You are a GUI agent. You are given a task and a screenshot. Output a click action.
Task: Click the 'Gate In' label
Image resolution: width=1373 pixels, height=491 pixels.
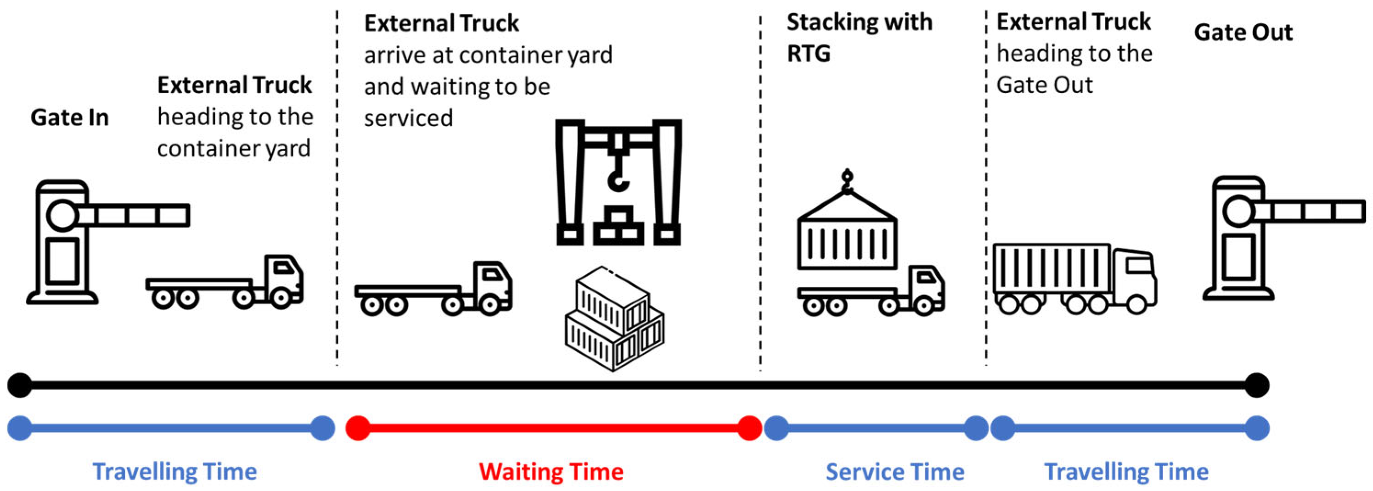coord(69,117)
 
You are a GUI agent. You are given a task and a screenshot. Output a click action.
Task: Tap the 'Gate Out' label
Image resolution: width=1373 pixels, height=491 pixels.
coord(1243,33)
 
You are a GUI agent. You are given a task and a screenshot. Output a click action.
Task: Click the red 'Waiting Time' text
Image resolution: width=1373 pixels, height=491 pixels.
coord(551,472)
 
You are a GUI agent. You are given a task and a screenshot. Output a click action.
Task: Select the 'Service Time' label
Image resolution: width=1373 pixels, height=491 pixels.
coord(895,472)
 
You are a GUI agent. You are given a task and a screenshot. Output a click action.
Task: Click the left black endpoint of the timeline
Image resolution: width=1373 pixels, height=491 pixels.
coord(20,385)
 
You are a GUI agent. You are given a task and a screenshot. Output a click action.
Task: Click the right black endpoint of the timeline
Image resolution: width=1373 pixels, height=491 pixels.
coord(1257,385)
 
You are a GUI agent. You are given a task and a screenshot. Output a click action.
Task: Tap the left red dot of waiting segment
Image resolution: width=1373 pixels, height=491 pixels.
coord(358,428)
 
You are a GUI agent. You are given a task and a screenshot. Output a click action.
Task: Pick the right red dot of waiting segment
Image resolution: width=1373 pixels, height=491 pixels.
coord(749,428)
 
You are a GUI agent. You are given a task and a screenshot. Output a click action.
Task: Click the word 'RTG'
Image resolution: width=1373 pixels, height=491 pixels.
coord(808,54)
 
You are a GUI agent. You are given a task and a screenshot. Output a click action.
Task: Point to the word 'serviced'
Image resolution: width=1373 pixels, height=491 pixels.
coord(408,118)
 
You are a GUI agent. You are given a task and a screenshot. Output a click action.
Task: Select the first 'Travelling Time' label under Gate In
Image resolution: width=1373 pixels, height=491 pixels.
coord(174,472)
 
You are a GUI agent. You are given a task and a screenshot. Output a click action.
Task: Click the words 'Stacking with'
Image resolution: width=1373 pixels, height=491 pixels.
coord(859,22)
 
